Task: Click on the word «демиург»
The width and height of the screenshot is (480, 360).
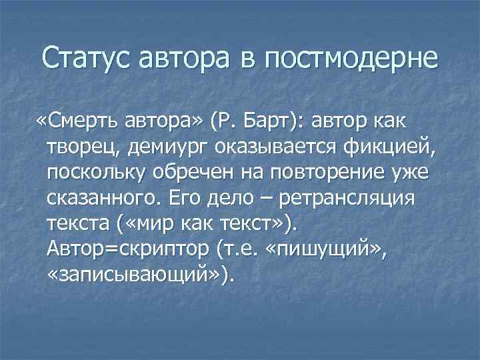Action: tap(161, 146)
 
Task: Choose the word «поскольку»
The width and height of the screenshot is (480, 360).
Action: tap(99, 172)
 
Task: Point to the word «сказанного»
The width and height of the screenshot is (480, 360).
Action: tap(103, 198)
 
